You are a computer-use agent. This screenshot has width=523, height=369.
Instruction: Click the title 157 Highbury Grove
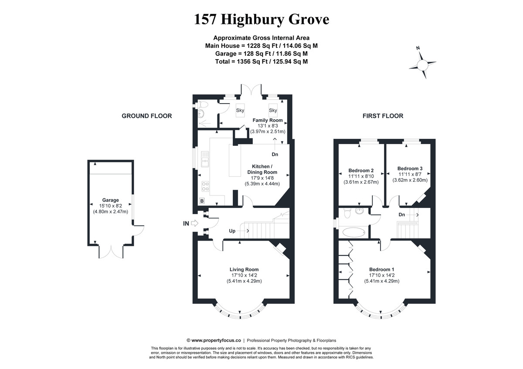click(x=261, y=20)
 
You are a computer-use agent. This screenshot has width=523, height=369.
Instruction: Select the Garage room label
click(x=110, y=200)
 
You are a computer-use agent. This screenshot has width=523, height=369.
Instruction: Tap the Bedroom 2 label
click(x=361, y=170)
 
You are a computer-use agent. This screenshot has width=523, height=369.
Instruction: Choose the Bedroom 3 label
click(x=410, y=168)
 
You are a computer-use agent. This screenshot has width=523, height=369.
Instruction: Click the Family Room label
click(x=268, y=120)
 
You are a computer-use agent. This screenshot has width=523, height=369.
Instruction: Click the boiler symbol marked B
click(x=202, y=201)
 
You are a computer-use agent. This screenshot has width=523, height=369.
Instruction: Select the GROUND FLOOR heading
click(x=146, y=116)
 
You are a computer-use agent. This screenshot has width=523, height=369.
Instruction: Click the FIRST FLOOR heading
click(x=383, y=116)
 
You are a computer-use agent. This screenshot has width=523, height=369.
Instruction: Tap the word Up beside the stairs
click(x=232, y=231)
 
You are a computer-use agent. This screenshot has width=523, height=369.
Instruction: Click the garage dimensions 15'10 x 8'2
click(x=110, y=206)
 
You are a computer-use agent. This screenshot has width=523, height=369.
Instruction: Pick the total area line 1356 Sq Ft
click(x=261, y=61)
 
